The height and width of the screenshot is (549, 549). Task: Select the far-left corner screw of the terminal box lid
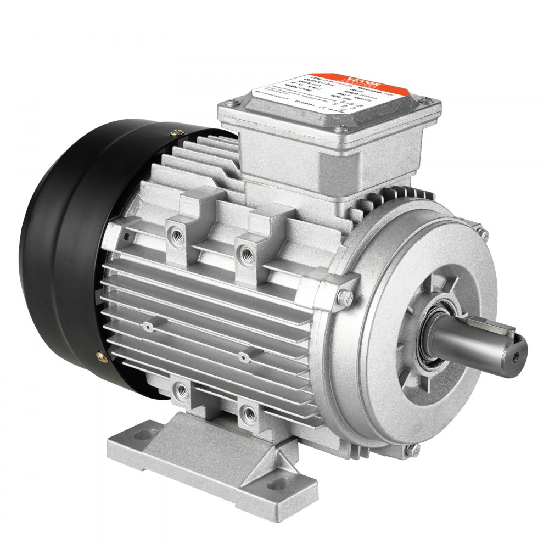(229, 102)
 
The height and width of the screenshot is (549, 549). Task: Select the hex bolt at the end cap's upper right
(484, 234)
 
